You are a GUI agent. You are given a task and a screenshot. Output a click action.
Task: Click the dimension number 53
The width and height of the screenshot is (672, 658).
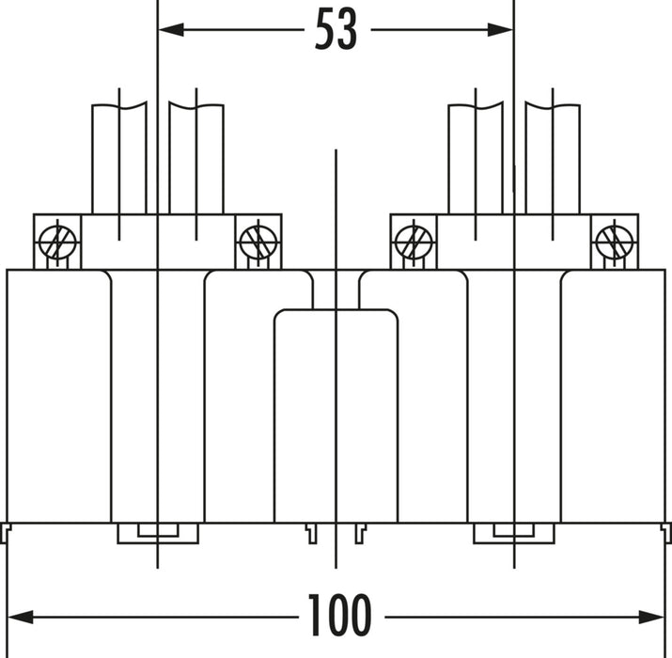point(336,29)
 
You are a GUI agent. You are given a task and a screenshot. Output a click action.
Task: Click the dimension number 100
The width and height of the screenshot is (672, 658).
point(339,615)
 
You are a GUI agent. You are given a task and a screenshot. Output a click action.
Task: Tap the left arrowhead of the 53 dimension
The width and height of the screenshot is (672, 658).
point(171,29)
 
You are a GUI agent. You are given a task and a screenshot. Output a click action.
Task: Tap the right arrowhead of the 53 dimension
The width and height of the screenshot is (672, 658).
point(500,29)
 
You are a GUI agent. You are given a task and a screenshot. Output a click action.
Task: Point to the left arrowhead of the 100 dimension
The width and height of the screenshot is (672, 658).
point(21,618)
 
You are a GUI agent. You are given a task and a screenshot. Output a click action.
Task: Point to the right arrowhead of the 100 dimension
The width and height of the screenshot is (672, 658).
point(651,618)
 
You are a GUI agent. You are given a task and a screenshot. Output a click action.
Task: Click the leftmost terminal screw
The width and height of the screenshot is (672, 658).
point(57,243)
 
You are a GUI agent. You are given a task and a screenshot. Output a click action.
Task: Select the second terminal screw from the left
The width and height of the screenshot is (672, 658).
point(258,243)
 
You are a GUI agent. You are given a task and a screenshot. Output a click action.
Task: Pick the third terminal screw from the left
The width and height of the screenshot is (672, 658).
point(414,243)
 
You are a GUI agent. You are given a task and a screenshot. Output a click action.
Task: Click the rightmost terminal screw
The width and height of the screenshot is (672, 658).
point(615,243)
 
